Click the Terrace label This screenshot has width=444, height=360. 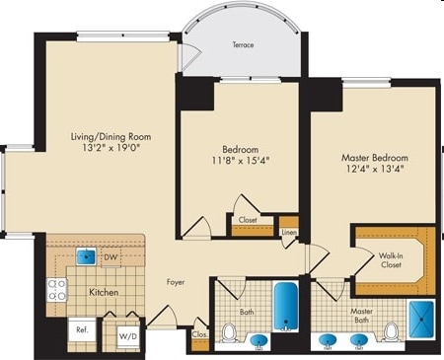[243, 45]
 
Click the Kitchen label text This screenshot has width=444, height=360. [105, 294]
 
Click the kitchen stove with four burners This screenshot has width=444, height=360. [57, 289]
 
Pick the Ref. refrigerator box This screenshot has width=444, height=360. [83, 332]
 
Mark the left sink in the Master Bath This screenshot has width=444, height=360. [329, 341]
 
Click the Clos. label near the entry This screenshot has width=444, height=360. [200, 335]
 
